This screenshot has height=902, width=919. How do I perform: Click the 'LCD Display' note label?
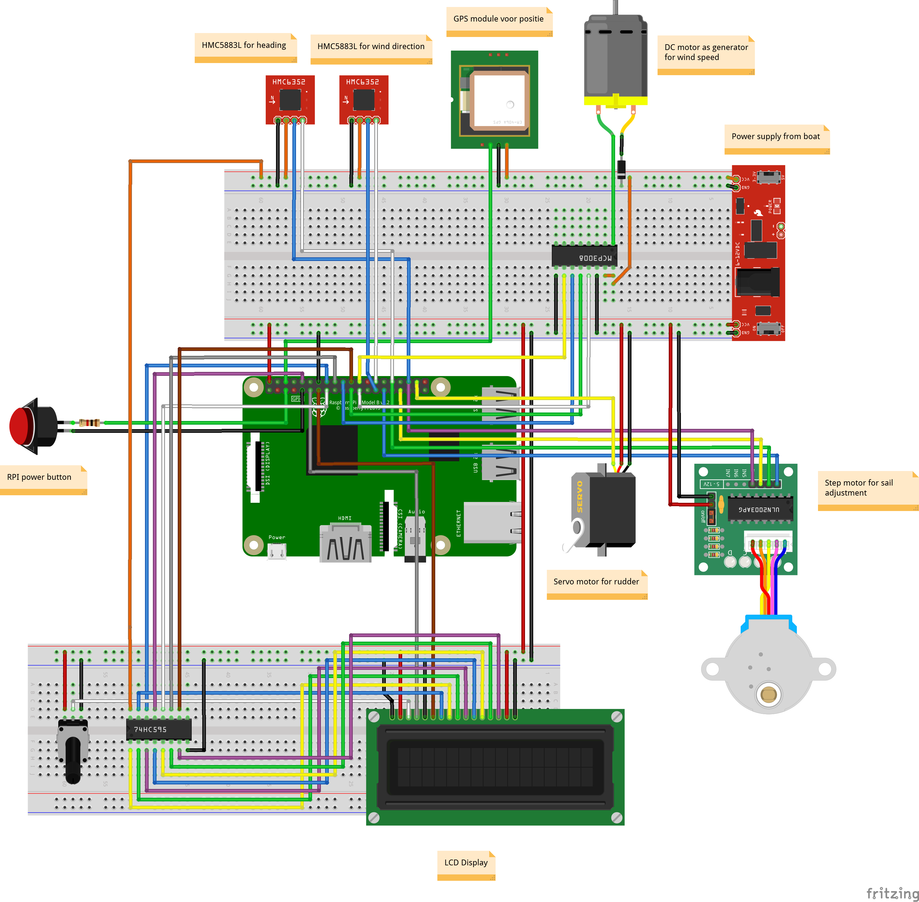tap(466, 862)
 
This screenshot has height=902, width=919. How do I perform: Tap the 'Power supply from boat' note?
tap(776, 136)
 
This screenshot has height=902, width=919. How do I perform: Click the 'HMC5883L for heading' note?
tap(244, 45)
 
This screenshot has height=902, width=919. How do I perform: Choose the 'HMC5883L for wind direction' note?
tap(371, 46)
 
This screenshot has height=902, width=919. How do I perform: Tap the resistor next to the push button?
tap(89, 423)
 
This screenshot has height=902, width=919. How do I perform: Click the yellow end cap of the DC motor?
tap(615, 100)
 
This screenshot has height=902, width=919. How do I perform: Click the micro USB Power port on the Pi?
tap(277, 551)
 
